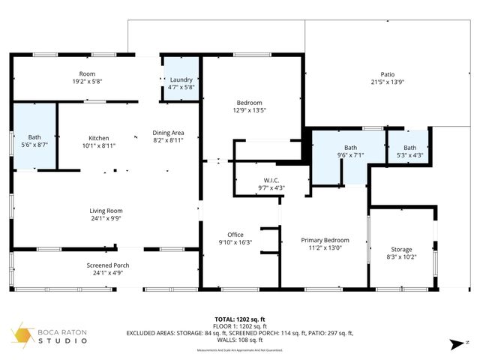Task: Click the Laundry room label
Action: point(181,79)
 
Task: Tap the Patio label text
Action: point(387,74)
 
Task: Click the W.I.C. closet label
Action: point(271,180)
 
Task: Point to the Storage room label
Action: point(401,249)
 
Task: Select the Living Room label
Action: point(106,211)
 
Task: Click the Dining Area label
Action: point(168,133)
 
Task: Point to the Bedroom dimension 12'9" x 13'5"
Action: point(250,111)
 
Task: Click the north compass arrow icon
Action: point(453,343)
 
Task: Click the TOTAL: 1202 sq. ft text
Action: point(239,319)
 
